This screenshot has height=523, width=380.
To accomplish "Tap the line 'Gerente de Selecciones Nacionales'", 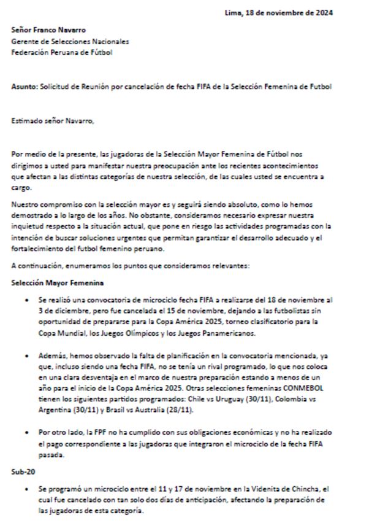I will tap(70, 41).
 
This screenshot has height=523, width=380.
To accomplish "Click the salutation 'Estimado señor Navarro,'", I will tap(53, 120).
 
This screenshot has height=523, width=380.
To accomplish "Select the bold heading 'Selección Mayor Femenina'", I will tap(57, 282).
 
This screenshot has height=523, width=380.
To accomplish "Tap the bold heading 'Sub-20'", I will tap(23, 473).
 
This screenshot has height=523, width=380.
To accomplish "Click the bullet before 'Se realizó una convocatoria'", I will tap(26, 300).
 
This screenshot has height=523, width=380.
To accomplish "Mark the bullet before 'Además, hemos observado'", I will tap(26, 355).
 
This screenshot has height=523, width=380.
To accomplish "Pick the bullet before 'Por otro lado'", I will tap(26, 433).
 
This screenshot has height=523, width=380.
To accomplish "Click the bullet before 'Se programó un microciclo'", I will tap(26, 489).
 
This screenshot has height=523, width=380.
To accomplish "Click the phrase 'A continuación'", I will tap(35, 266).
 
